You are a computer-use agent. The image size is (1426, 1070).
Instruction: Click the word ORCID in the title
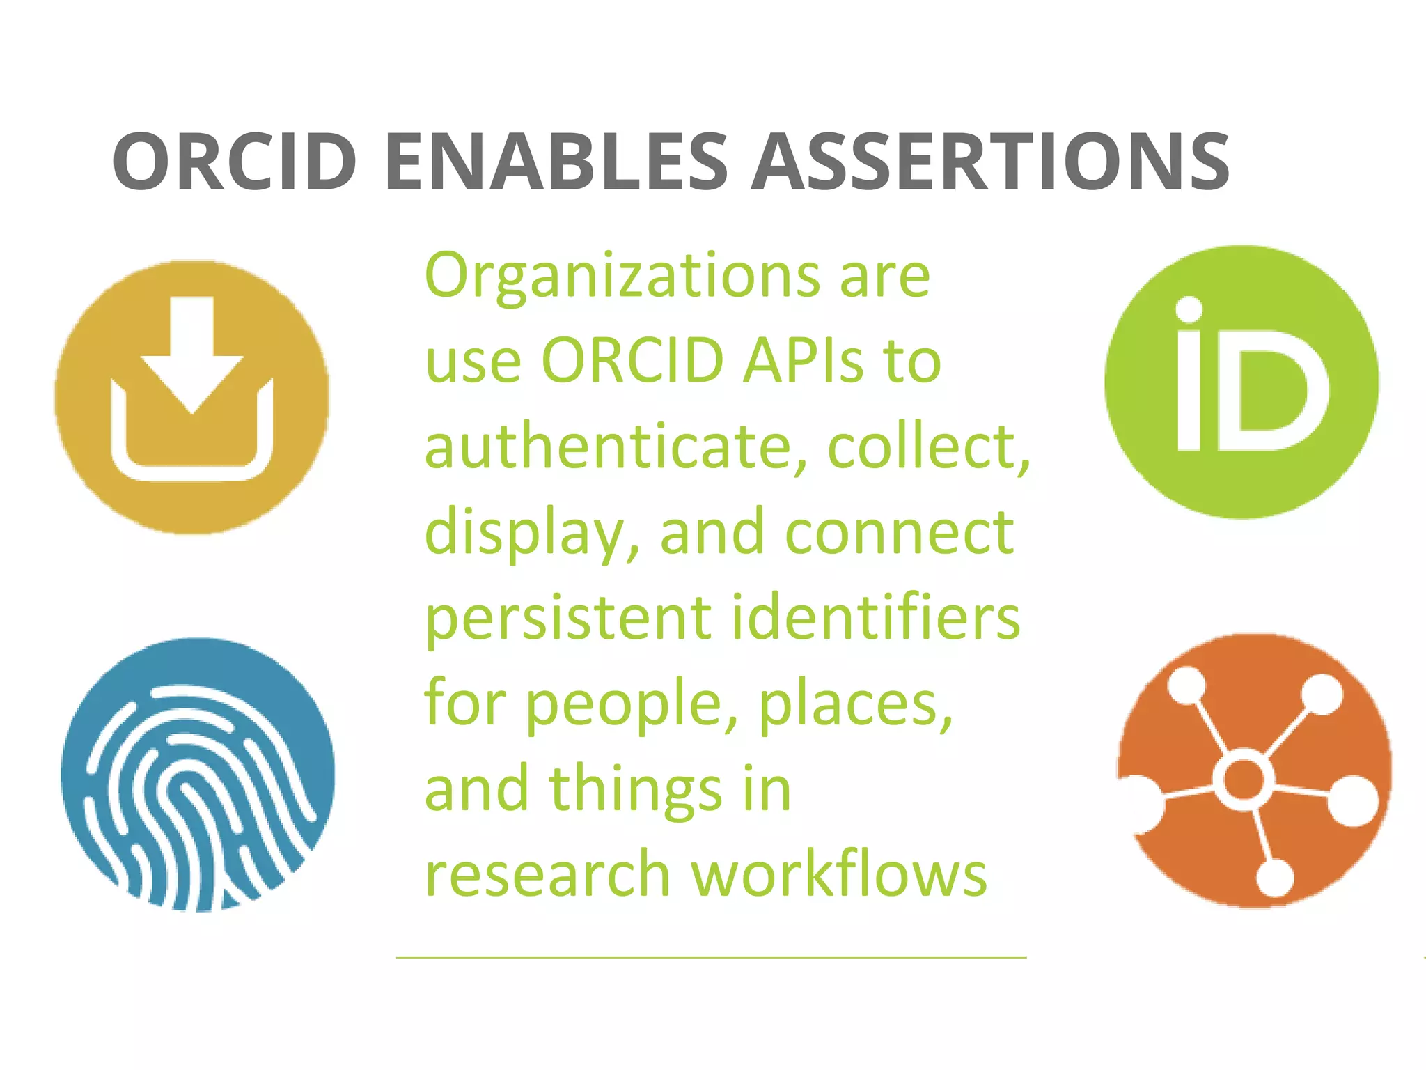(235, 162)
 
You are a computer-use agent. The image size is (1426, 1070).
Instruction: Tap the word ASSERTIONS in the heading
(990, 162)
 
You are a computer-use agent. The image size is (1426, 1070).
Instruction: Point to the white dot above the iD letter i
(1189, 309)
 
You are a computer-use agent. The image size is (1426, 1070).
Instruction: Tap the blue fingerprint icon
(198, 774)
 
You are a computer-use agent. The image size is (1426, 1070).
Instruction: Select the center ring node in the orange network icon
(1244, 779)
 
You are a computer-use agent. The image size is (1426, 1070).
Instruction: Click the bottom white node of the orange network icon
(1274, 878)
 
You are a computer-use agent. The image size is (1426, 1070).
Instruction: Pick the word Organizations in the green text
(622, 277)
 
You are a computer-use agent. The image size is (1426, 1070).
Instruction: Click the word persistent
(567, 618)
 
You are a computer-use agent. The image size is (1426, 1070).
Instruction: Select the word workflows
(838, 874)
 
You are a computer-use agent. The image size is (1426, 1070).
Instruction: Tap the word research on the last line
(547, 874)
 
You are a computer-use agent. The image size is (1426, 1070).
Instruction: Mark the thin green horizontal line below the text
(711, 958)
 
